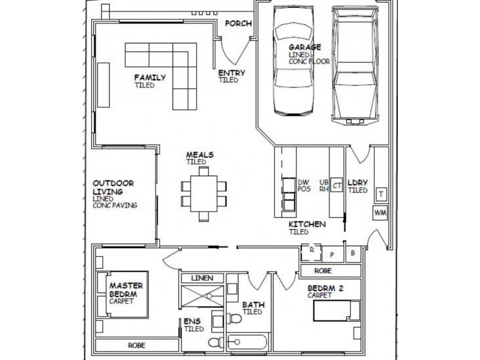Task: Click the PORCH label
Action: click(238, 23)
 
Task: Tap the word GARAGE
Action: click(305, 47)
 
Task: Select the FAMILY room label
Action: click(150, 77)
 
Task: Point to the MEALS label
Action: click(200, 155)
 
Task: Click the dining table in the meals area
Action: click(204, 193)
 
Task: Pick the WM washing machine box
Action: click(380, 212)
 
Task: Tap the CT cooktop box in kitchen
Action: click(337, 185)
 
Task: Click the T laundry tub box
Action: click(381, 194)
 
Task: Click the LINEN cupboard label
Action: click(202, 278)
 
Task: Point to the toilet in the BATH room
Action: click(234, 319)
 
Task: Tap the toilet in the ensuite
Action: click(216, 342)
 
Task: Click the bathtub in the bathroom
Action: click(247, 342)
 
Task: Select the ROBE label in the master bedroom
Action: click(137, 346)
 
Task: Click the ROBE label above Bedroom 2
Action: click(323, 271)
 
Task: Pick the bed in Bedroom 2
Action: click(337, 310)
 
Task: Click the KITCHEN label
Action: click(307, 224)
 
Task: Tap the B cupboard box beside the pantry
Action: click(353, 253)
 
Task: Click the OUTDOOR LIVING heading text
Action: click(113, 187)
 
